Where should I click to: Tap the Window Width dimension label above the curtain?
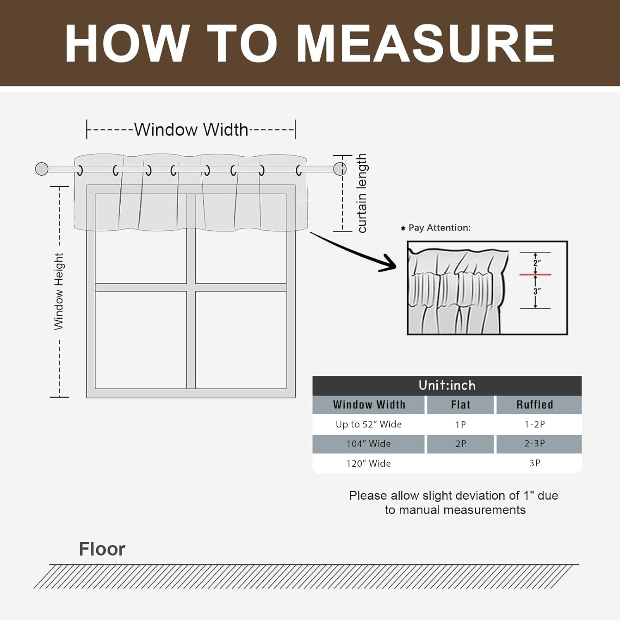[191, 130]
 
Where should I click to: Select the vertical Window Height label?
[59, 291]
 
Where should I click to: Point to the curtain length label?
[362, 193]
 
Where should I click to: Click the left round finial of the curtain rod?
[42, 169]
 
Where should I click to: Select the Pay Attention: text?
[439, 228]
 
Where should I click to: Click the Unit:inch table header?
[447, 385]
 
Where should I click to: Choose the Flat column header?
[460, 405]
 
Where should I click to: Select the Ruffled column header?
[535, 405]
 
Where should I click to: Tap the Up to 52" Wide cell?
[368, 424]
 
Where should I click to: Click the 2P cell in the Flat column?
[460, 444]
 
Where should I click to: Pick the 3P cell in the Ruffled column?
[535, 463]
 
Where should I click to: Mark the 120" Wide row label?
[368, 463]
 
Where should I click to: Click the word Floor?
[102, 549]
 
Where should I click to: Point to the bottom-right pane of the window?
[241, 340]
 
